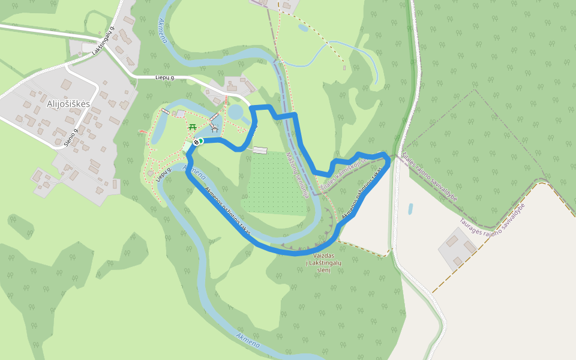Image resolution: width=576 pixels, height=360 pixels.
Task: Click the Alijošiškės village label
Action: coord(68,104)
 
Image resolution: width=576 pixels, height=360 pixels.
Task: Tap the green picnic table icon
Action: coord(193,127)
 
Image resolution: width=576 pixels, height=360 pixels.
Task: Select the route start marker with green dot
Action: coord(198,142)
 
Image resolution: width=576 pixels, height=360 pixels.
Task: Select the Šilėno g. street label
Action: coord(71,137)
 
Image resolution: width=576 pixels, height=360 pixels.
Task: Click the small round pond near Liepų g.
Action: coord(236,112)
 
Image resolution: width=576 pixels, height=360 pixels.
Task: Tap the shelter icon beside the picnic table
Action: coord(214,128)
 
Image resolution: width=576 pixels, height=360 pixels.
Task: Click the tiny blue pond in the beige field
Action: coord(410,209)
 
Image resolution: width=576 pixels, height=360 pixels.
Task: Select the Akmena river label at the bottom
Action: coord(248,340)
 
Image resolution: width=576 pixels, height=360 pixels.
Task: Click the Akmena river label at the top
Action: coord(163,30)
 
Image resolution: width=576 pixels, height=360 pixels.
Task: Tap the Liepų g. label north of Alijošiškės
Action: coord(164,77)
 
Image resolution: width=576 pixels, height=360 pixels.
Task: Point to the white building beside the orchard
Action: coord(260,150)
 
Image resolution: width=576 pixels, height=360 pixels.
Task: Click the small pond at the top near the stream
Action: coord(303,28)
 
